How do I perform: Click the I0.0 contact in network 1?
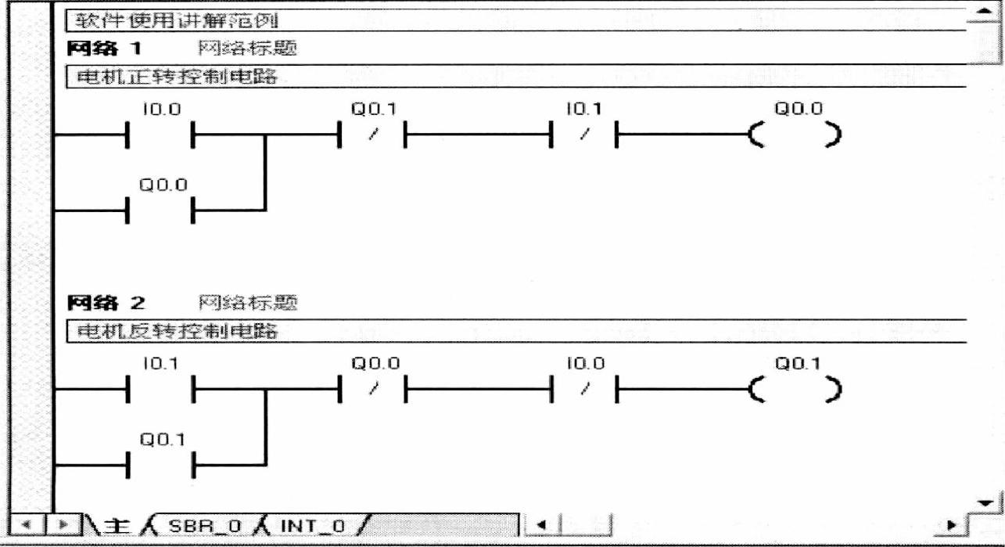(x=160, y=135)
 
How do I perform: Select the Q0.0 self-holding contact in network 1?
(x=160, y=211)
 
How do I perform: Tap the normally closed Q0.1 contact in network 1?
(x=372, y=135)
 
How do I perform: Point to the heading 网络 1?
(x=105, y=49)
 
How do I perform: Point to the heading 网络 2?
(x=105, y=302)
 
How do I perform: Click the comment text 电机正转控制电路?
(x=178, y=77)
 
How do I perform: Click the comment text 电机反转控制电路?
(x=178, y=330)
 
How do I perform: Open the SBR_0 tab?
(x=196, y=524)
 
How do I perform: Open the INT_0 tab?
(x=311, y=524)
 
